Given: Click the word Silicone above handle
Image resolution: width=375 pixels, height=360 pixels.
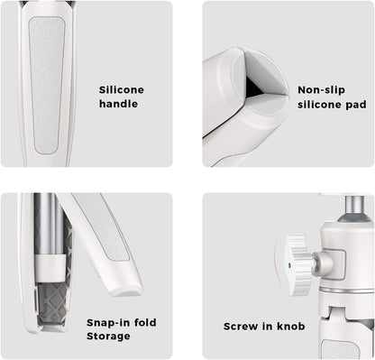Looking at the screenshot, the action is (122, 89).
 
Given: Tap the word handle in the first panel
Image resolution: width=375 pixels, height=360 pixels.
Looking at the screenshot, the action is (119, 104).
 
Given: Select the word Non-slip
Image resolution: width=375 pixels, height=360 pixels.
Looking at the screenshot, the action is (321, 90).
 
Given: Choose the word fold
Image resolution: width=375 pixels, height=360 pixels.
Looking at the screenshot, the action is (145, 322).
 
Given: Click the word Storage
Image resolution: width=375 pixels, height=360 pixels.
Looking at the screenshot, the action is (108, 337).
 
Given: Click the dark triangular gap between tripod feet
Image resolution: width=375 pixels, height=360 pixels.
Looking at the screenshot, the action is (254, 88).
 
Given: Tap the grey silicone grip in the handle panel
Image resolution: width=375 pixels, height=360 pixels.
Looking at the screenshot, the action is (47, 85).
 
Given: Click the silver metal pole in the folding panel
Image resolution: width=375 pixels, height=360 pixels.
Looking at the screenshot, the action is (48, 224).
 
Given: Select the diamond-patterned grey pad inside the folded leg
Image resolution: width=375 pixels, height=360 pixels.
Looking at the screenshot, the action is (51, 304).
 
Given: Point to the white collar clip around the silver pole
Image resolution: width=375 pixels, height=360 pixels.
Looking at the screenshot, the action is (50, 265).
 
